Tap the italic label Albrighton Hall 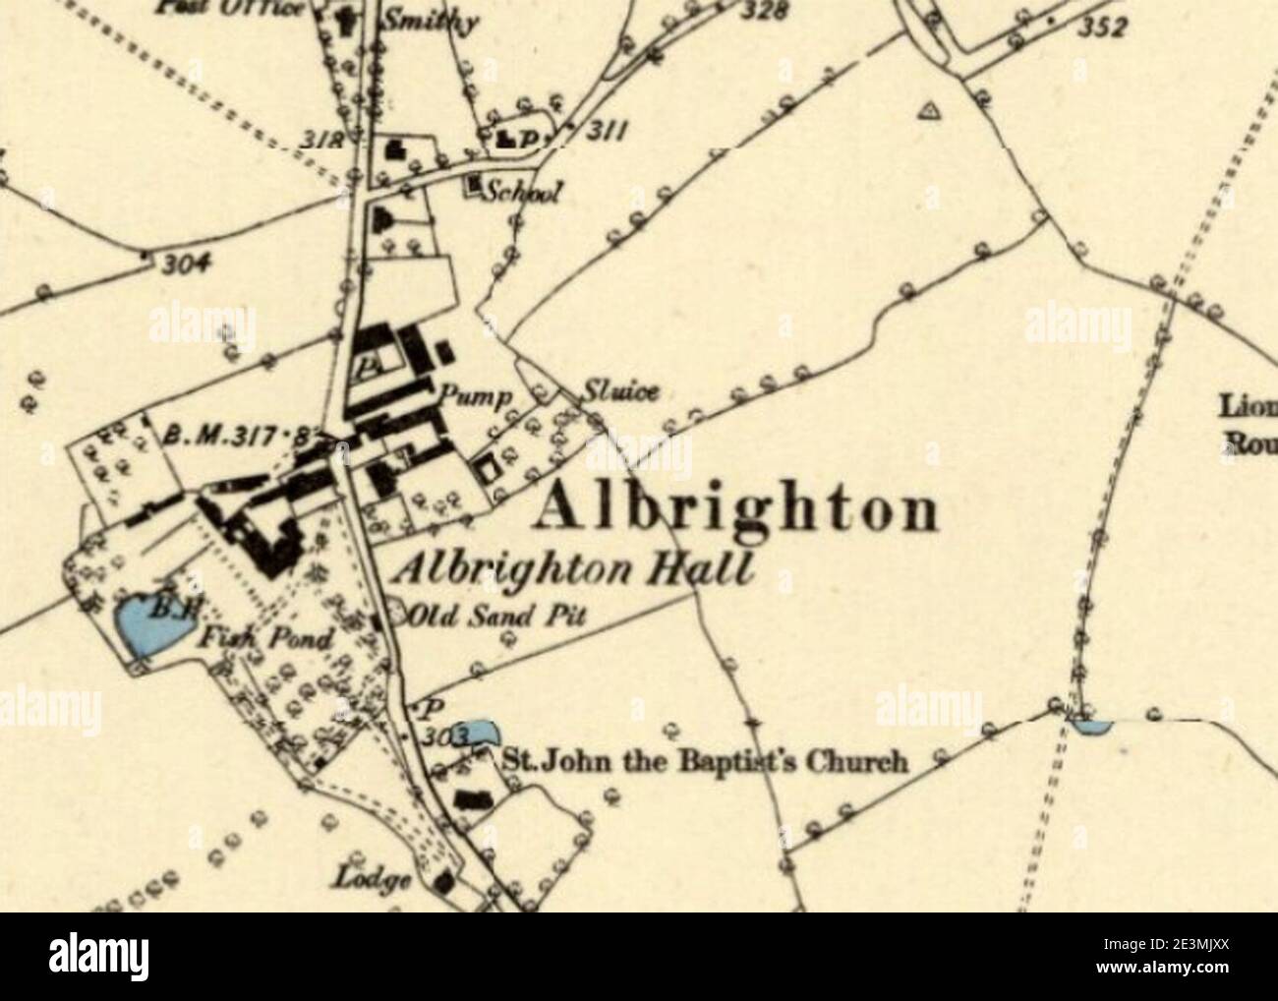point(572,571)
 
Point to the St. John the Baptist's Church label point(704,762)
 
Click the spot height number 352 point(1100,29)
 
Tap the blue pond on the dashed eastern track point(1090,727)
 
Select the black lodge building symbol point(445,881)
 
